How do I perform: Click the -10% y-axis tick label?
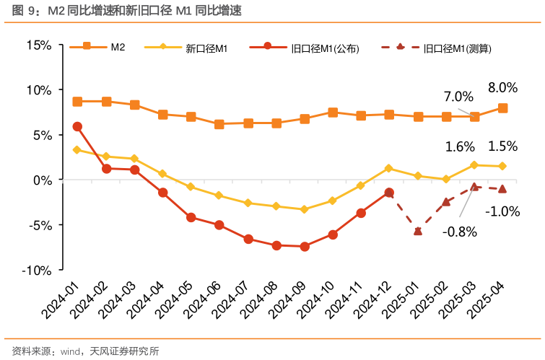pos(36,270)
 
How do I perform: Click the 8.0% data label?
pos(502,87)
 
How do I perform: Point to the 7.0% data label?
pos(458,97)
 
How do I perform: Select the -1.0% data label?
pos(502,211)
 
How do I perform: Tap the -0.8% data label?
pos(460,232)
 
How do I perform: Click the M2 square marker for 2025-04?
pos(502,108)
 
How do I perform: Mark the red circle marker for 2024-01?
pos(77,126)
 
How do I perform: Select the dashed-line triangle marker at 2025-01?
pos(418,231)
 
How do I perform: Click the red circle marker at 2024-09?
pos(305,247)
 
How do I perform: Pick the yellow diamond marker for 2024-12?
pos(389,168)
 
